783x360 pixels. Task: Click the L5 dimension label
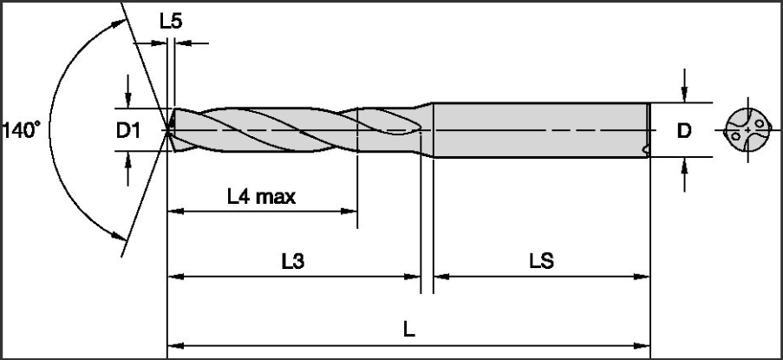pyautogui.click(x=171, y=22)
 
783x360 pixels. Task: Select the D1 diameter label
pyautogui.click(x=127, y=131)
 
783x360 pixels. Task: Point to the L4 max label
pyautogui.click(x=261, y=197)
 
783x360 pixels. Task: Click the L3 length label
pyautogui.click(x=293, y=261)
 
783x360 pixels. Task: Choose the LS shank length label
pyautogui.click(x=542, y=261)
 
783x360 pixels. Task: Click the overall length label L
pyautogui.click(x=409, y=330)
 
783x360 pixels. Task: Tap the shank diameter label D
pyautogui.click(x=683, y=131)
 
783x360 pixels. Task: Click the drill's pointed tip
pyautogui.click(x=166, y=131)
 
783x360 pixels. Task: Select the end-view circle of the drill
pyautogui.click(x=747, y=130)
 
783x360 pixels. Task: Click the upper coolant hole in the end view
pyautogui.click(x=760, y=123)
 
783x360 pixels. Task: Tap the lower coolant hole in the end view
pyautogui.click(x=735, y=136)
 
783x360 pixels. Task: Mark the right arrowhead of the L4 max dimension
pyautogui.click(x=349, y=211)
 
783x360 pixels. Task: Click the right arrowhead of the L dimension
pyautogui.click(x=642, y=345)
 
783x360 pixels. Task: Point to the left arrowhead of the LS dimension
pyautogui.click(x=441, y=276)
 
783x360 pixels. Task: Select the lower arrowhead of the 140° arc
pyautogui.click(x=118, y=236)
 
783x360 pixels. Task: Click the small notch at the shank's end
pyautogui.click(x=645, y=148)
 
